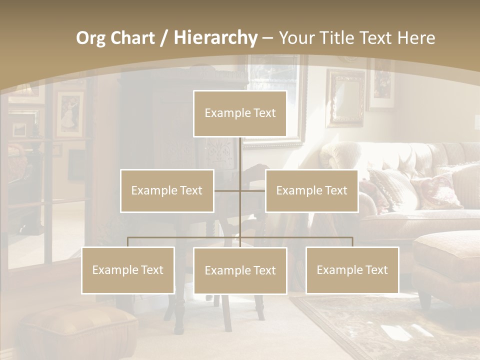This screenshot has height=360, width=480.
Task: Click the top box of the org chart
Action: tap(240, 113)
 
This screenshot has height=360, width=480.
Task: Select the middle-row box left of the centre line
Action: tap(167, 190)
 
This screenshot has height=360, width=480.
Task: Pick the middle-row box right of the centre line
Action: tap(311, 190)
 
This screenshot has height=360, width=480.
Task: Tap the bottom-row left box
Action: tap(128, 270)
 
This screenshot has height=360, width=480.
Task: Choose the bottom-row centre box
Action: tap(240, 270)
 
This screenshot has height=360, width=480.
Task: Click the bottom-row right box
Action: tap(352, 270)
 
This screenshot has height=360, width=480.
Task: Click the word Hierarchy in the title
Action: tap(215, 38)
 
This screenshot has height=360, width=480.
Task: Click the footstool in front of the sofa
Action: tap(447, 260)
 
